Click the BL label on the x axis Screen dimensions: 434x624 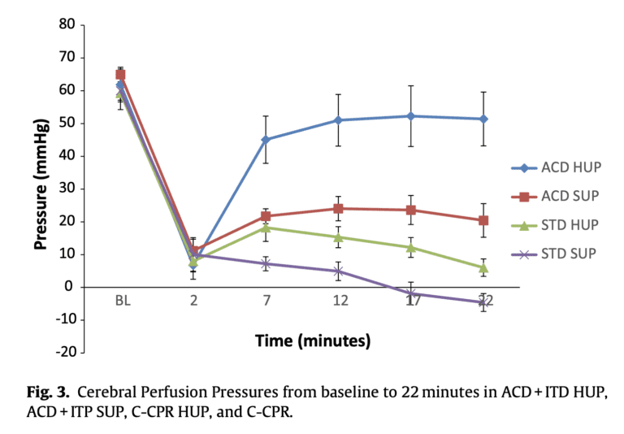(x=122, y=301)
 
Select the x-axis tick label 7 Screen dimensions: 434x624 (x=266, y=301)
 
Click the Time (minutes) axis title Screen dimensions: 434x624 (x=313, y=340)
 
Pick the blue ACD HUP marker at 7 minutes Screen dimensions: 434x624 (x=266, y=140)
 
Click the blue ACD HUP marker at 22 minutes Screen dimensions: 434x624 (x=483, y=119)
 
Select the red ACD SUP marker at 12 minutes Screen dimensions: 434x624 (x=339, y=208)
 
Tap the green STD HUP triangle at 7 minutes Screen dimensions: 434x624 (x=266, y=228)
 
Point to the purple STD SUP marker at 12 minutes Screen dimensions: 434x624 (x=339, y=271)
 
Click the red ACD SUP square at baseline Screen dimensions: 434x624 (x=121, y=74)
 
